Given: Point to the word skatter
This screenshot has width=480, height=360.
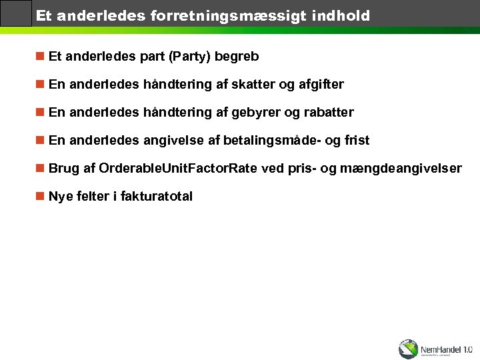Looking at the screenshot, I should [x=257, y=85].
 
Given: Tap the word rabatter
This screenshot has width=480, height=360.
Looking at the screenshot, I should [x=329, y=113].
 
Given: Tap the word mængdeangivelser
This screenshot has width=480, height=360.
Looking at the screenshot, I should [x=400, y=169].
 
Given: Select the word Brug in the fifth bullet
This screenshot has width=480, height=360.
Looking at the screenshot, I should [x=63, y=169].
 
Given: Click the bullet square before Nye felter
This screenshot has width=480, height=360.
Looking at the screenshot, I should [x=41, y=197].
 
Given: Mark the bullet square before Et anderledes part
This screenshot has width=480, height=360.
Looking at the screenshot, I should [x=41, y=57].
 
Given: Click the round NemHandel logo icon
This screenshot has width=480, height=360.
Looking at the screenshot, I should [x=408, y=349].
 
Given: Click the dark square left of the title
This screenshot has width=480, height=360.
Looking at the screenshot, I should [x=16, y=13].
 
